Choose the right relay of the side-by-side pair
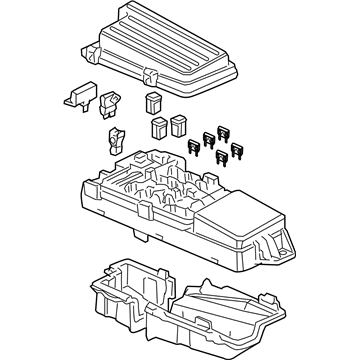pos(177,126)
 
